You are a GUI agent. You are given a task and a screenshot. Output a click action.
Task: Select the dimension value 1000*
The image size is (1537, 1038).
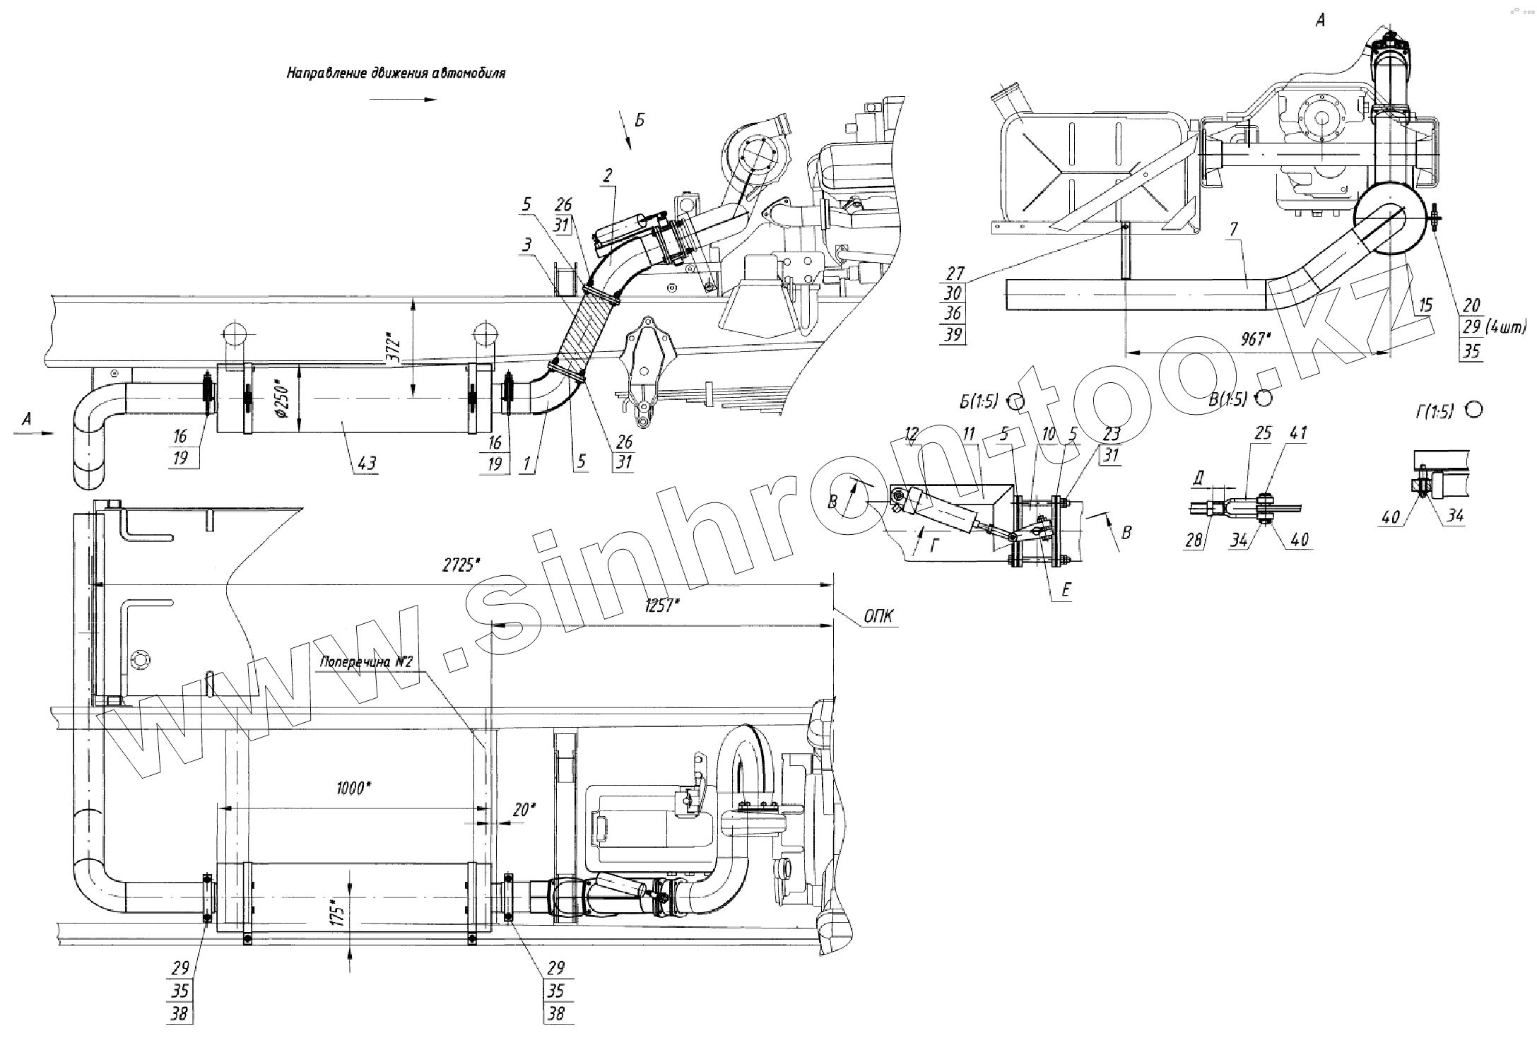coord(355,788)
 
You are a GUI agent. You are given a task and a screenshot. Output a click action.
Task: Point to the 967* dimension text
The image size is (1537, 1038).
coord(1255,339)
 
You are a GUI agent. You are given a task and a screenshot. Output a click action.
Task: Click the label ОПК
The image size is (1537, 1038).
coord(880,617)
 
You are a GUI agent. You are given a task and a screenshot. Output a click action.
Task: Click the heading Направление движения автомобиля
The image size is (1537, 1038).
coord(396,73)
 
